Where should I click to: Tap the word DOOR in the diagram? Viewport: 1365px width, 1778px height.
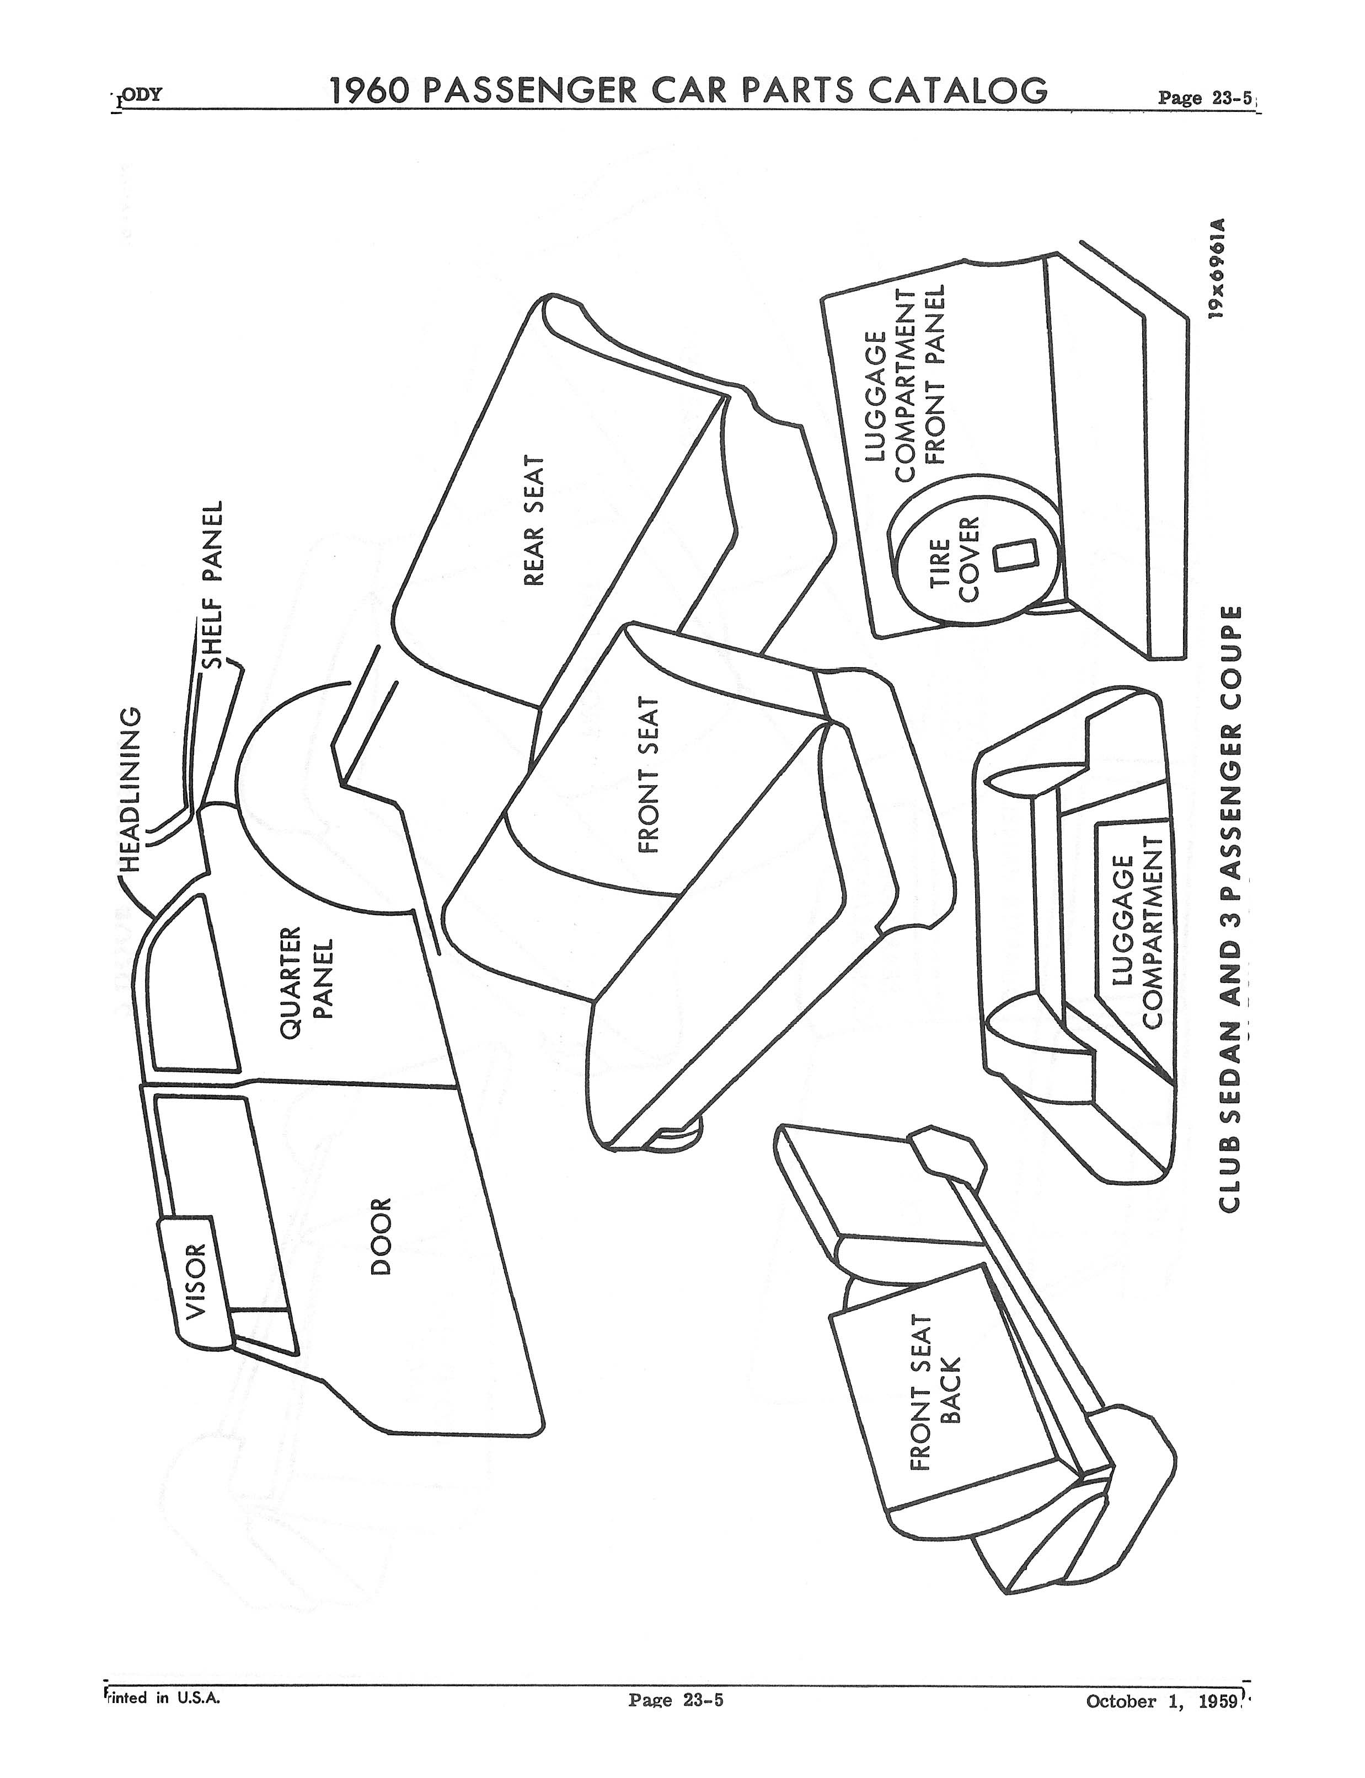coord(380,1236)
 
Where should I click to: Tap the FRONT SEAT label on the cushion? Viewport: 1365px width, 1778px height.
coord(647,775)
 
